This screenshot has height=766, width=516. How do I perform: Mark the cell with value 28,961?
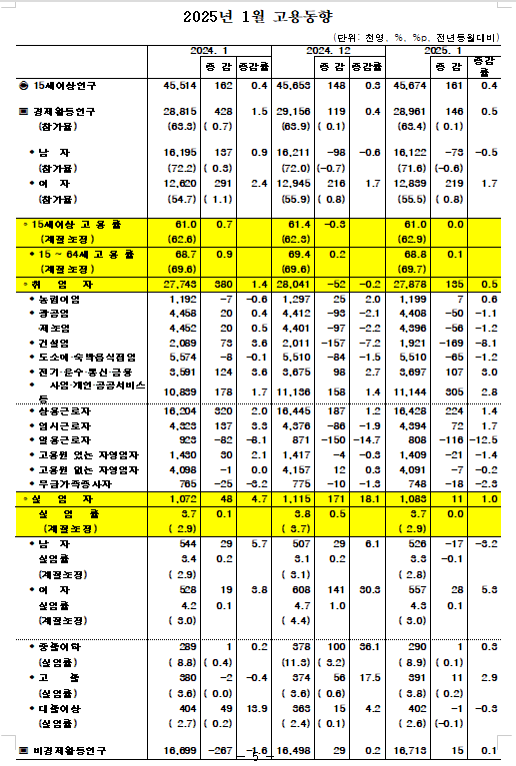[409, 113]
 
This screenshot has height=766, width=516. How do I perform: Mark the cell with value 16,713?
[409, 748]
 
